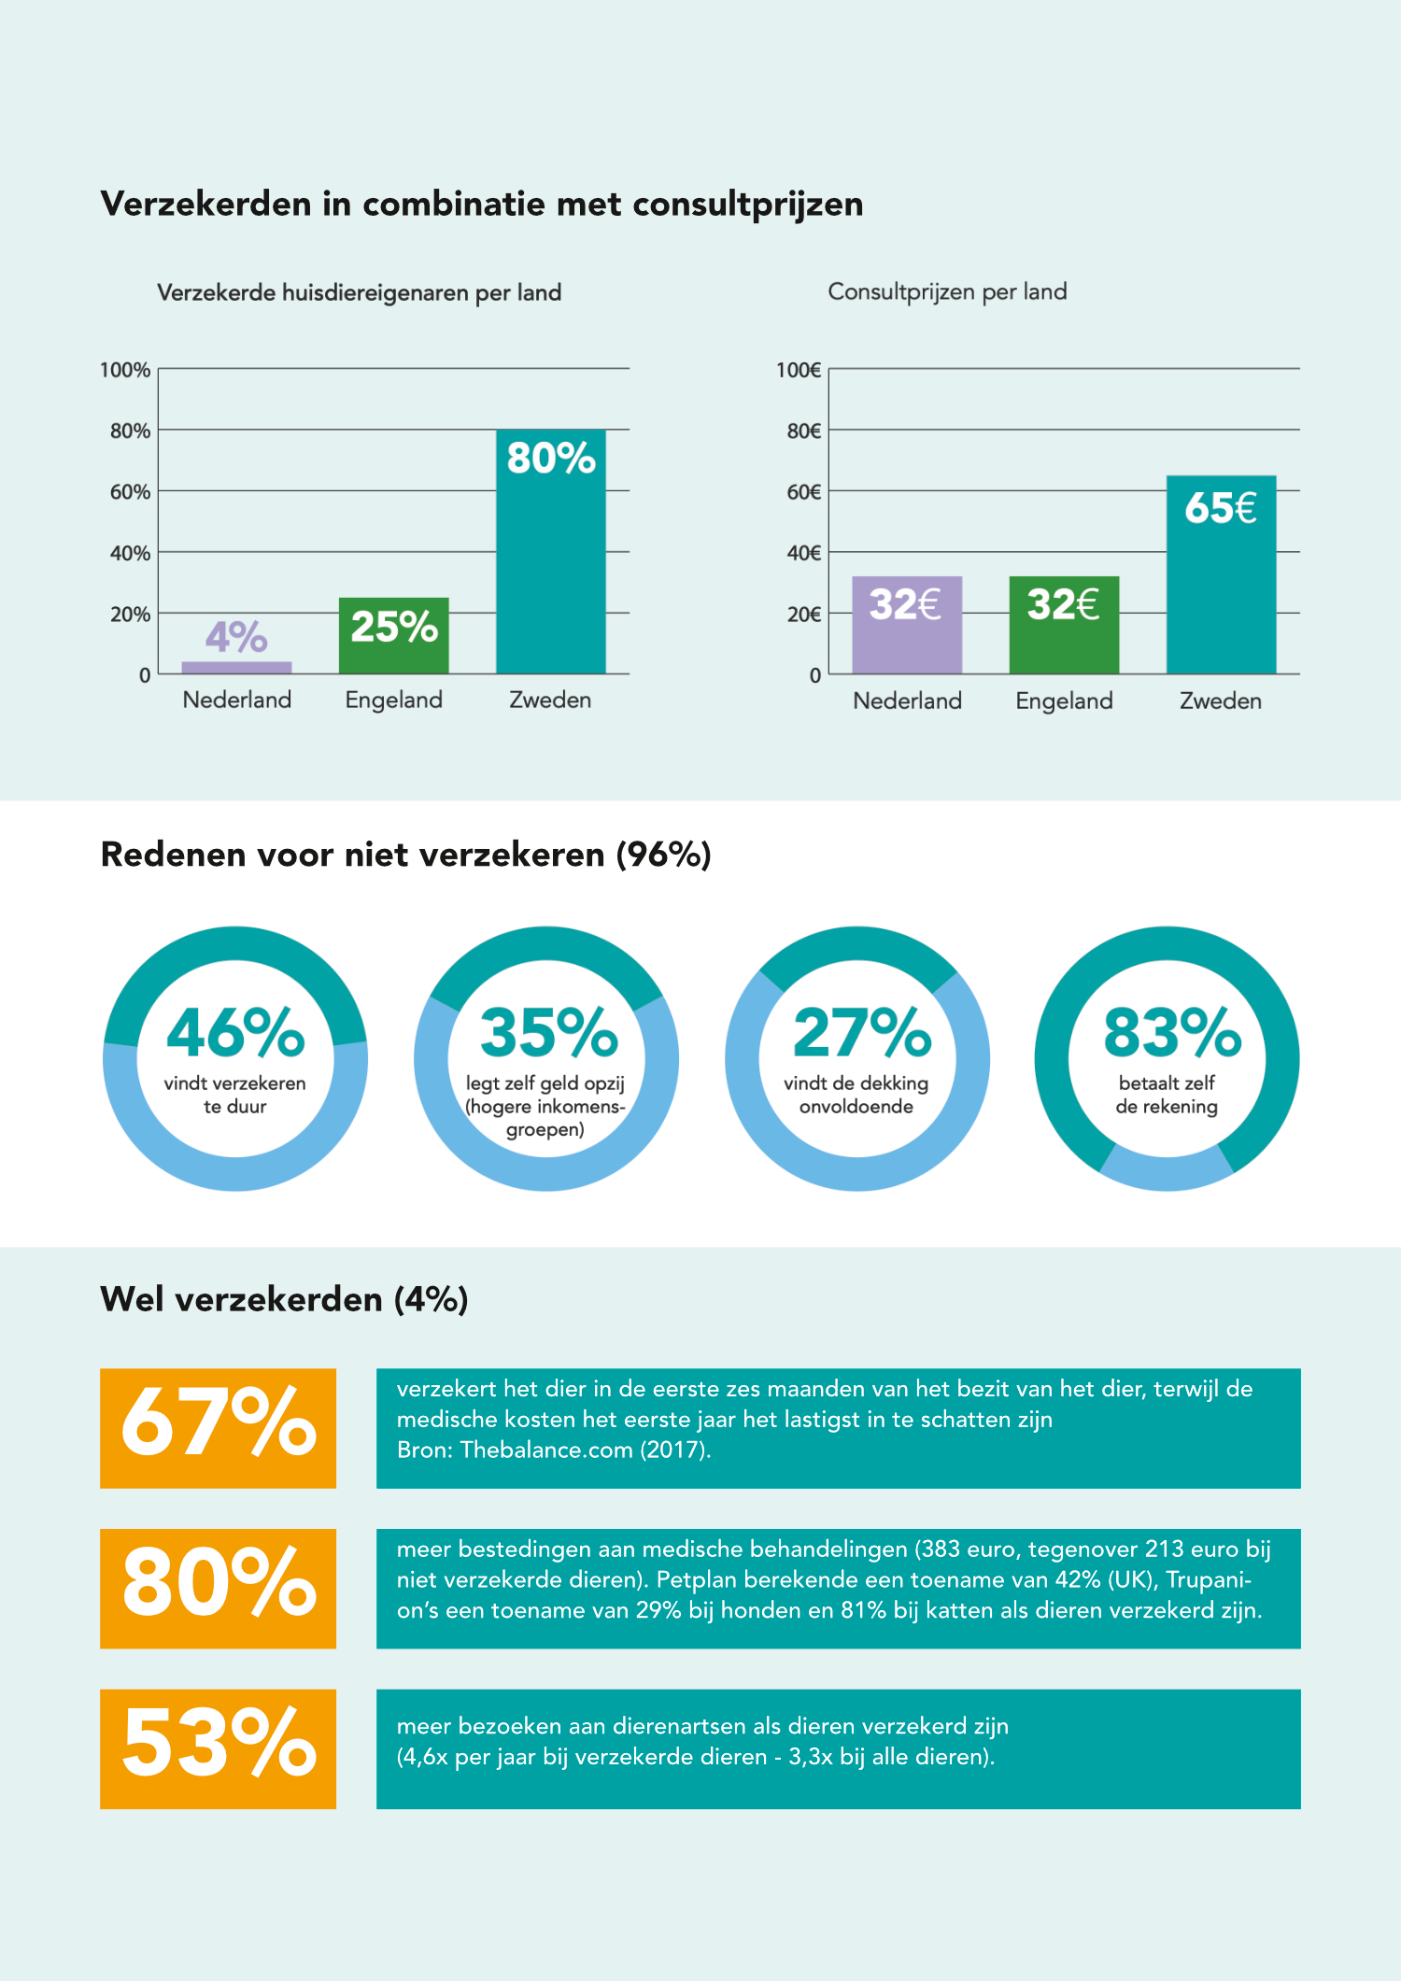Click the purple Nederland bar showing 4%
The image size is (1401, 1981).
pos(236,667)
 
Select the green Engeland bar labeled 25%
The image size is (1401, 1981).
pos(393,635)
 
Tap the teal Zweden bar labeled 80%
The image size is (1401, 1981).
pos(551,551)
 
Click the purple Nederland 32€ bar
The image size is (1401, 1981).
pos(907,625)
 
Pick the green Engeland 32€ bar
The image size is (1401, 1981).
pos(1064,625)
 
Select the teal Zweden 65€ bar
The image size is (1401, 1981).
pos(1221,574)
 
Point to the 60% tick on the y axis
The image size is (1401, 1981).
pos(130,492)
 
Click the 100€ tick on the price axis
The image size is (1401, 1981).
pos(799,370)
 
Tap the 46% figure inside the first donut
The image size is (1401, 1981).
pos(235,1033)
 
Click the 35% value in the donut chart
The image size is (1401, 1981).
pos(548,1033)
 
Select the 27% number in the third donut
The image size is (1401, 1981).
pos(861,1033)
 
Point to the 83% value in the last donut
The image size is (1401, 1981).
pos(1172,1033)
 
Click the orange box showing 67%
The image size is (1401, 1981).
pos(218,1428)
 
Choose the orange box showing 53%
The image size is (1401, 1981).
pos(218,1748)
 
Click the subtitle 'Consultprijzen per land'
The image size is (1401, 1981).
pos(947,292)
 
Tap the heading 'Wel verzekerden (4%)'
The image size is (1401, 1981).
pos(284,1299)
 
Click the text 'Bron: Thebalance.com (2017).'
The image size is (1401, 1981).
pos(554,1450)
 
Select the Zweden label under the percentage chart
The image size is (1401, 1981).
pos(550,700)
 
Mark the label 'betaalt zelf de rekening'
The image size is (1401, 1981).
pos(1167,1095)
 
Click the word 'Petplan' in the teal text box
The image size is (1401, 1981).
pos(698,1580)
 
